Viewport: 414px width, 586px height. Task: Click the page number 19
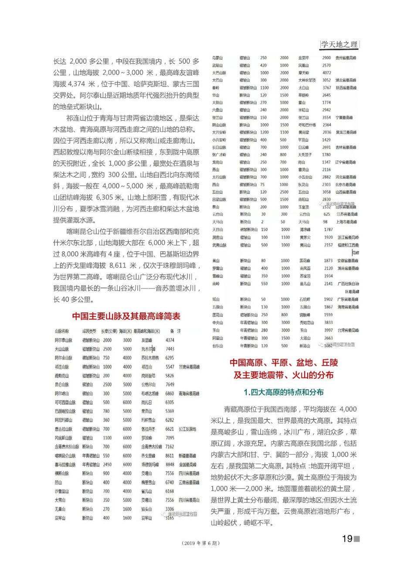coord(347,538)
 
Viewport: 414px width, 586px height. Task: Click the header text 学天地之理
coord(339,45)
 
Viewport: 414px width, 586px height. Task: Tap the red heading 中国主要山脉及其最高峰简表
coord(126,316)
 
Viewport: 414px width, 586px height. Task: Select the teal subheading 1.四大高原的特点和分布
coord(284,392)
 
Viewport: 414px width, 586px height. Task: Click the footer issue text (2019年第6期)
coord(200,543)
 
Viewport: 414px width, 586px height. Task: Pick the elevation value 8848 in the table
coord(170,464)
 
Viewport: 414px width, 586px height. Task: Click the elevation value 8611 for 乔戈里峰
coord(170,456)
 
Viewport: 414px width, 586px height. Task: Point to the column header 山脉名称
coord(62,331)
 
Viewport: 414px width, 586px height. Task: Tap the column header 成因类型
coord(89,331)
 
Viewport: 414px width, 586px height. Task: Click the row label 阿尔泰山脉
coord(64,340)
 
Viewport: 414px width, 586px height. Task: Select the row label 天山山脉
coord(62,349)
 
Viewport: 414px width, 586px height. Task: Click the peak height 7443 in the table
coord(170,349)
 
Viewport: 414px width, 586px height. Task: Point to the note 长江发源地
coord(187,429)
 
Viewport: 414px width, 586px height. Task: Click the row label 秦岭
coord(217,88)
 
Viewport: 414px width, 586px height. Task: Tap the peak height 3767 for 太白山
coord(327,88)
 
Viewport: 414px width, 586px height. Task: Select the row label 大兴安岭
coord(219,132)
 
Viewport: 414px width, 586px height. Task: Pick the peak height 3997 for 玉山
coord(329,330)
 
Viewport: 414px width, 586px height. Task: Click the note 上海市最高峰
coord(347,222)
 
